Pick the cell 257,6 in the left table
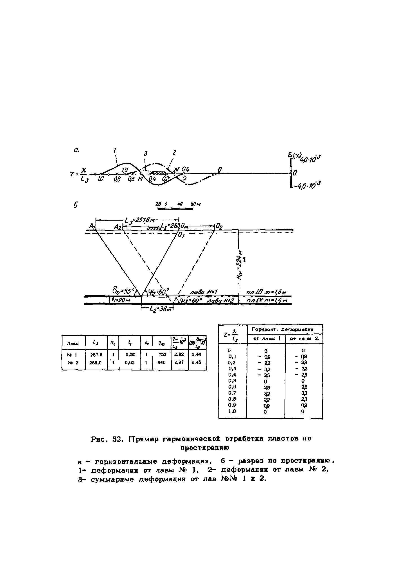click(96, 355)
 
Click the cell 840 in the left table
click(162, 362)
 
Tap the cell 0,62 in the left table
click(130, 362)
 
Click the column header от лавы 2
click(304, 339)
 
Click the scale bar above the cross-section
click(175, 208)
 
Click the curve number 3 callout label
click(146, 153)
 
